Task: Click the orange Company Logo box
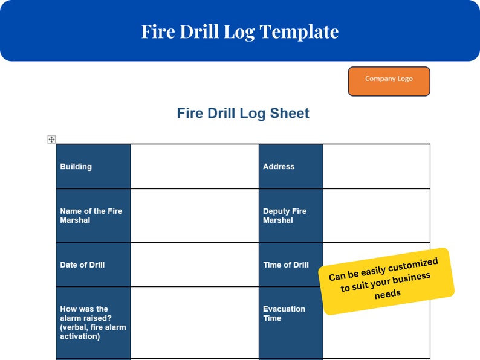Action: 389,82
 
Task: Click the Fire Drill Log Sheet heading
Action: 243,113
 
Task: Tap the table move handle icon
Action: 51,140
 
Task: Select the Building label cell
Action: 93,167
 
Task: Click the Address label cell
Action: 291,167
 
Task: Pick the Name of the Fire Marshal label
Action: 93,216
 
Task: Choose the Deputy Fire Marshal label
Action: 291,216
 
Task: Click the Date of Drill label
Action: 93,265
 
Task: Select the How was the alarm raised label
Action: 93,323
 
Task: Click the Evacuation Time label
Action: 291,313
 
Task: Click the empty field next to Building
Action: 194,167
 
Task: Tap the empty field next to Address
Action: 376,167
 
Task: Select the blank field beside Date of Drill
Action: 194,265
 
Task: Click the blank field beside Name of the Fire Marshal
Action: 194,216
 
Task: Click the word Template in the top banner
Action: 299,31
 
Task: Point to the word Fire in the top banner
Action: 157,31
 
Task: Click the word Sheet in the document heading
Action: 289,113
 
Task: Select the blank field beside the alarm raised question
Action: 194,323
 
